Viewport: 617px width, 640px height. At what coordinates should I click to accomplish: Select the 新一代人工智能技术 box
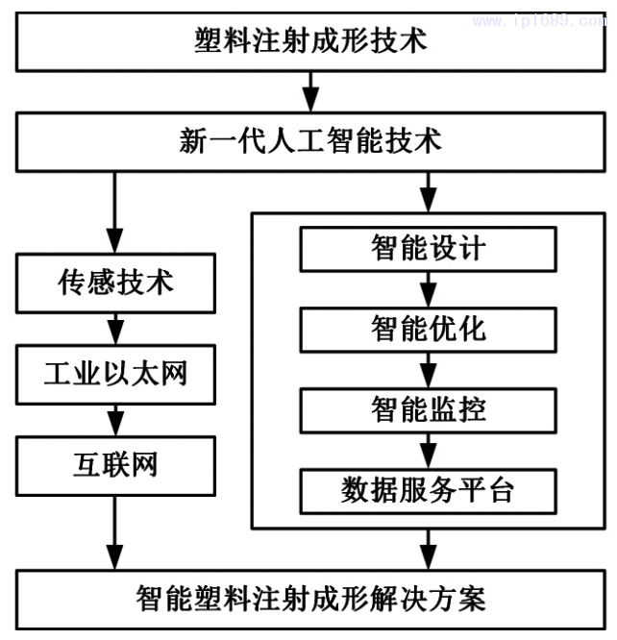309,142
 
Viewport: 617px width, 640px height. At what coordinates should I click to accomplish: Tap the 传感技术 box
115,283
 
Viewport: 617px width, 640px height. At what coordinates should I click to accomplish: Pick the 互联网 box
115,464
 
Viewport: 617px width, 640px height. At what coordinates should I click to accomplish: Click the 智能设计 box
429,249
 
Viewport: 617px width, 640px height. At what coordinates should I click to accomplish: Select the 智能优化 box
429,330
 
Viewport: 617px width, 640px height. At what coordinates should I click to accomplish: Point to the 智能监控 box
429,410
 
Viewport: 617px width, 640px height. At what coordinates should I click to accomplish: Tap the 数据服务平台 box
429,490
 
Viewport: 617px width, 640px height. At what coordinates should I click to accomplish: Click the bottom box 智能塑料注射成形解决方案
309,599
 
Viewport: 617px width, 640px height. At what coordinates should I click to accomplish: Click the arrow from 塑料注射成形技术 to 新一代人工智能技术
309,92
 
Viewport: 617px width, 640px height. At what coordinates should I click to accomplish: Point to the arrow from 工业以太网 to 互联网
115,419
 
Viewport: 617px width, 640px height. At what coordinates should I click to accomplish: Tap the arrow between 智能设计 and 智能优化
429,289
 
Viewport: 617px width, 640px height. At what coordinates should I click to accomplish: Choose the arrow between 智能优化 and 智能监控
429,370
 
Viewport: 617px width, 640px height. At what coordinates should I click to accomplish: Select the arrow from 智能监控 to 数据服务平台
429,451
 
